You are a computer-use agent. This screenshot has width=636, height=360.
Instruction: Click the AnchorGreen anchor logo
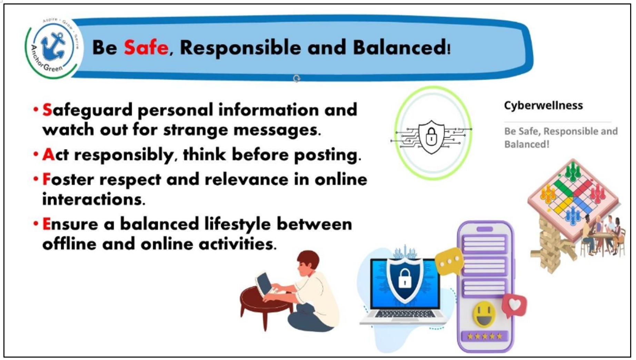[x=53, y=47]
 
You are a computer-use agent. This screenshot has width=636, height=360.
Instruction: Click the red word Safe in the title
[x=146, y=47]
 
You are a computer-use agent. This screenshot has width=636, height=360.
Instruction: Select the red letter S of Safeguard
[x=47, y=110]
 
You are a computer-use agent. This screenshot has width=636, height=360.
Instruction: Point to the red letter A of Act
[x=48, y=155]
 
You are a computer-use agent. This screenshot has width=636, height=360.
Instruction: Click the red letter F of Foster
[x=46, y=179]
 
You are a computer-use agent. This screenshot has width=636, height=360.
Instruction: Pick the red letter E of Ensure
[x=47, y=224]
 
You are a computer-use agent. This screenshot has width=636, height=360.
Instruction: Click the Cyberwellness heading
[x=543, y=105]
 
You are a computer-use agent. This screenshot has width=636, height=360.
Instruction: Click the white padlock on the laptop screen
[x=405, y=279]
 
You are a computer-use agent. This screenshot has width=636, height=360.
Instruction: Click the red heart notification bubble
[x=514, y=305]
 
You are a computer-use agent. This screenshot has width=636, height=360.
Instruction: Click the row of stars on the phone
[x=485, y=336]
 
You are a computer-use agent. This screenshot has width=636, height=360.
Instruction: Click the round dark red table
[x=266, y=304]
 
